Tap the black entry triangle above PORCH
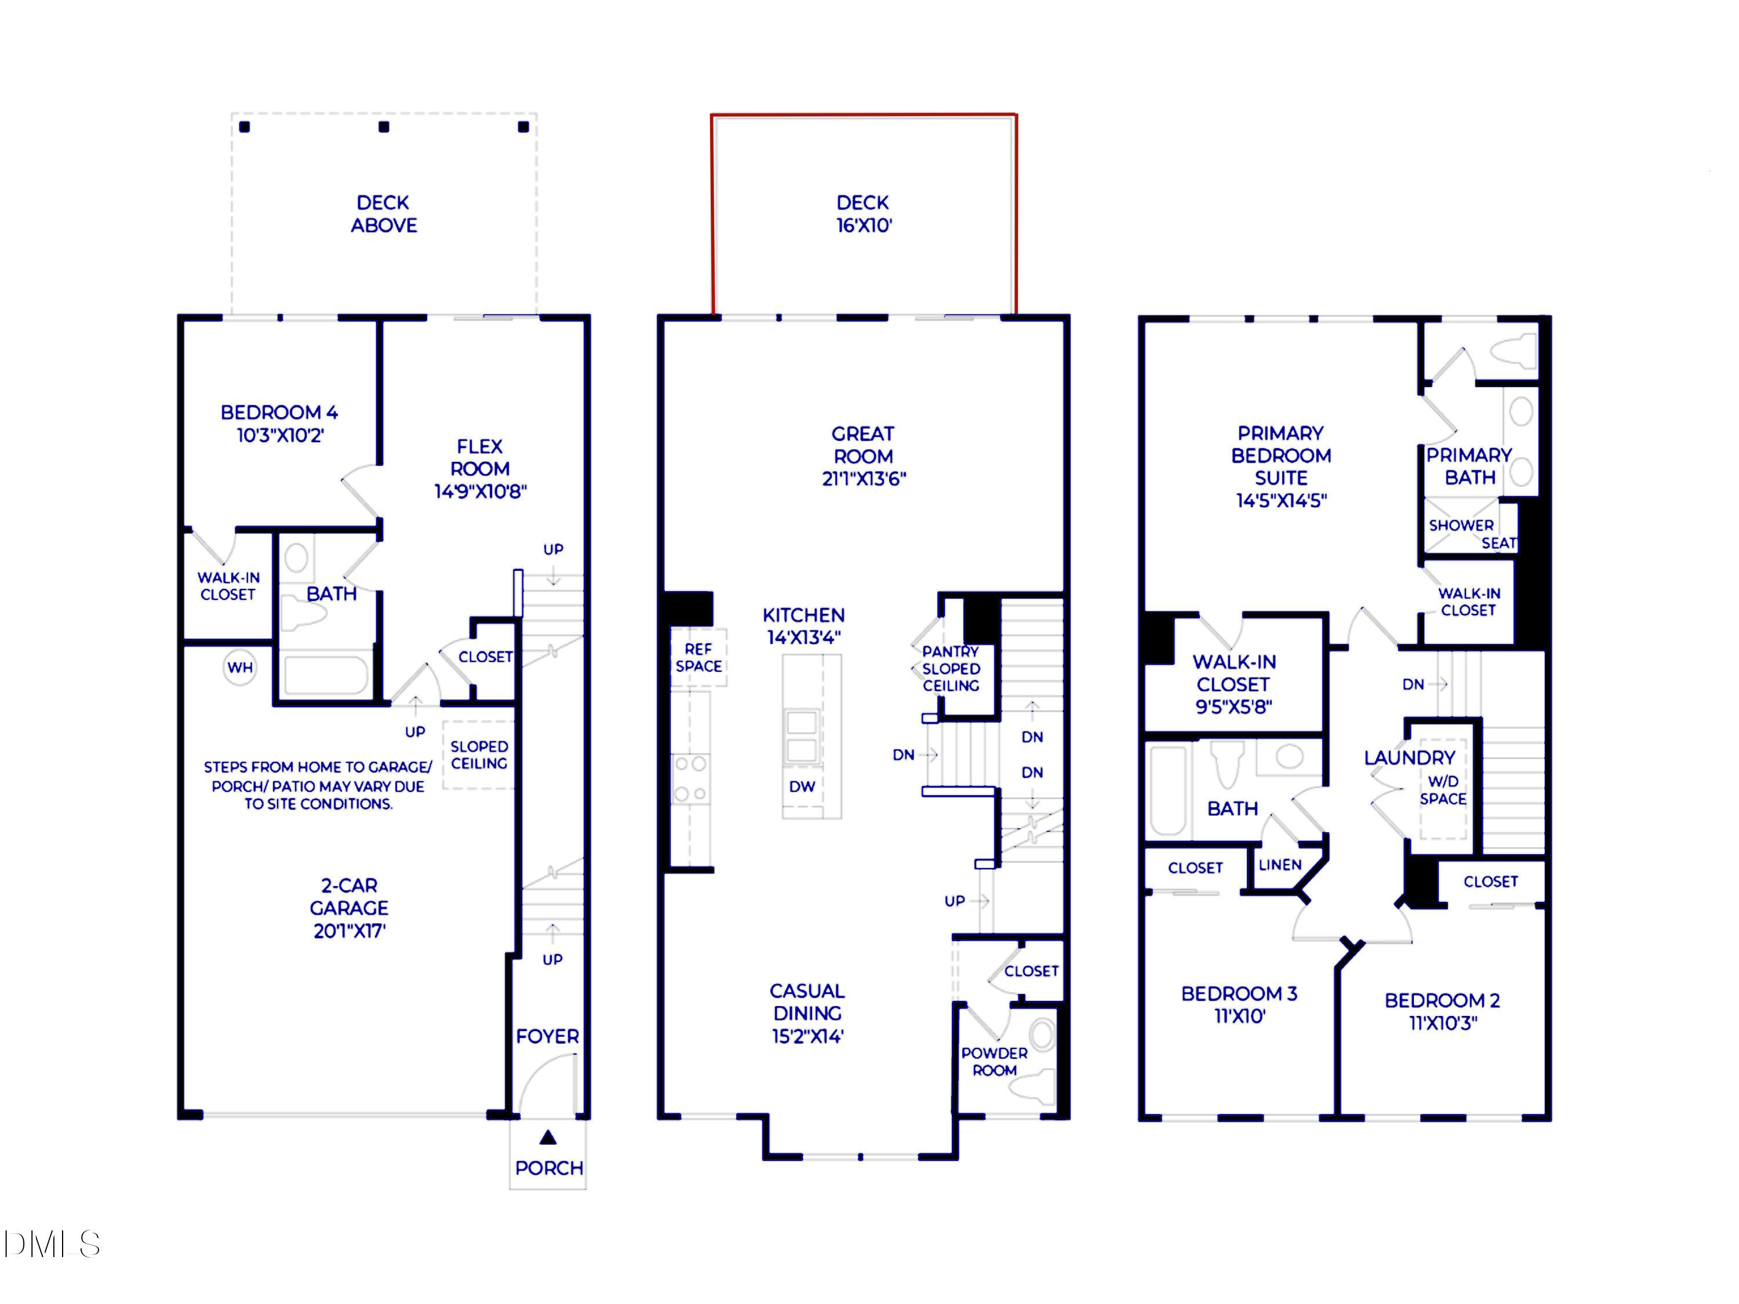pos(548,1137)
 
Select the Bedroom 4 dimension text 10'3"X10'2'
pos(281,435)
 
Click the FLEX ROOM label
pos(479,457)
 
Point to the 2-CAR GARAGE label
pos(349,897)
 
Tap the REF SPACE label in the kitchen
pos(698,658)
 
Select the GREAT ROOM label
pos(863,445)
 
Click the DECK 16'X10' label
pos(863,214)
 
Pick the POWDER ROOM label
pos(995,1062)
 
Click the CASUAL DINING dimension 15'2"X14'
pos(807,1037)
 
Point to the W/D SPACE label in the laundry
pos(1443,790)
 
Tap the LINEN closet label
pos(1280,865)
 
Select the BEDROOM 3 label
pos(1239,993)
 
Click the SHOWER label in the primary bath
pos(1461,525)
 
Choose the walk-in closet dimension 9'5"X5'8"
pos(1234,706)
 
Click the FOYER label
pos(547,1037)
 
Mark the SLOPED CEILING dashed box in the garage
pos(479,755)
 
